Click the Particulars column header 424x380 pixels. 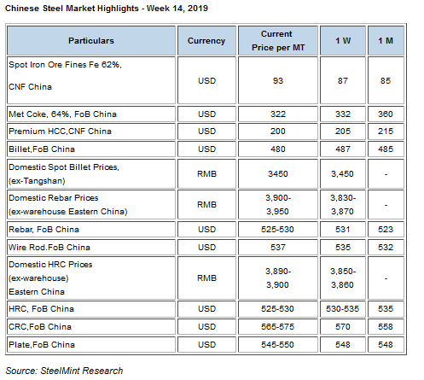tap(91, 41)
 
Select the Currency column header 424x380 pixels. tap(206, 41)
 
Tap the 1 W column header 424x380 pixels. tap(343, 41)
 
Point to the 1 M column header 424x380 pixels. tap(386, 41)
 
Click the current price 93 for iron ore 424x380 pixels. tap(278, 80)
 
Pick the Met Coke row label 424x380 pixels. tap(62, 114)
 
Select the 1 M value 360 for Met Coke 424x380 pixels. tap(386, 114)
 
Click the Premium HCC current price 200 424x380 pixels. tap(278, 132)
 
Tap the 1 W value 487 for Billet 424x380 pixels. tap(343, 149)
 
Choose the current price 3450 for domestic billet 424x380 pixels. tap(278, 173)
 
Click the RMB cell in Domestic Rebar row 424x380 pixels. tap(206, 204)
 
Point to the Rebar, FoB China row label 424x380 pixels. tap(44, 230)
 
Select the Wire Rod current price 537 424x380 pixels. tap(278, 247)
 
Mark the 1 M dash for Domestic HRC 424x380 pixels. tap(386, 278)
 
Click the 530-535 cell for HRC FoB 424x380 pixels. tap(343, 309)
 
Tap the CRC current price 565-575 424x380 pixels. tap(278, 326)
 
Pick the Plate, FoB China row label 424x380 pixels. tap(42, 345)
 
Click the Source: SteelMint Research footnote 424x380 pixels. tap(64, 371)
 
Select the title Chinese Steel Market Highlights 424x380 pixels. tap(72, 9)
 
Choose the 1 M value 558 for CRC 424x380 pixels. tap(386, 326)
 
